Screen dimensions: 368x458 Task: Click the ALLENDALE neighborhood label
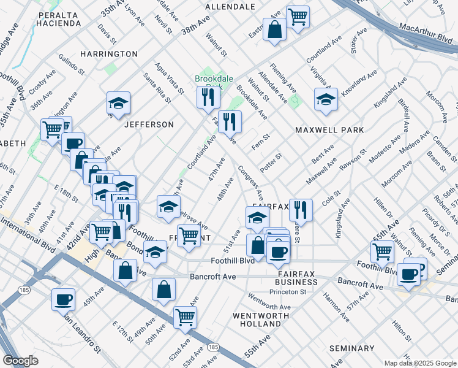[230, 7]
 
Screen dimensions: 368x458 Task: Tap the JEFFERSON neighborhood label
[149, 125]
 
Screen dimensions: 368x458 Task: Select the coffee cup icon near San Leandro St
[63, 299]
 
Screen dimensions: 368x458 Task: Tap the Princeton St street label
[290, 292]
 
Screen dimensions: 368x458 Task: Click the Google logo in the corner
[20, 360]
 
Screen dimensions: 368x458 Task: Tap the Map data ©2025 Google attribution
[419, 363]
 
